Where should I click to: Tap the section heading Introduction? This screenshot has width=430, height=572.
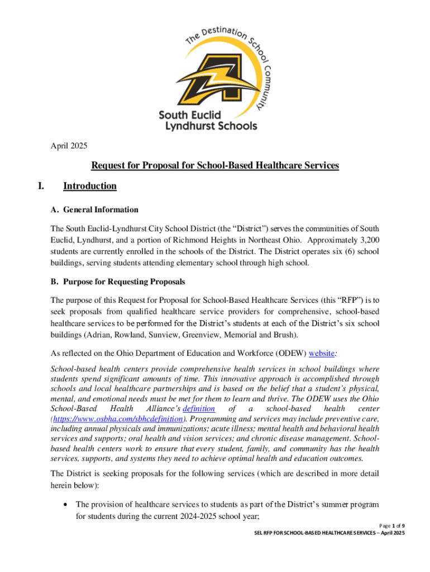tap(90, 186)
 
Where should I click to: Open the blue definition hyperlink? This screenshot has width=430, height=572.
tap(195, 409)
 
